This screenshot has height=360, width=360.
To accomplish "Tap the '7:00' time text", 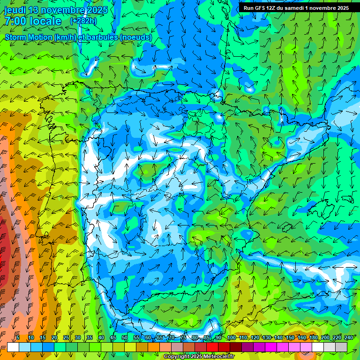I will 15,21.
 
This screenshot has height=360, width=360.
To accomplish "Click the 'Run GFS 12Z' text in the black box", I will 260,8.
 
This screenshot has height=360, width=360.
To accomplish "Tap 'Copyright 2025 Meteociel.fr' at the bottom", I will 199,357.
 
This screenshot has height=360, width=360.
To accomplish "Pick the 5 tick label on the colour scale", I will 18,338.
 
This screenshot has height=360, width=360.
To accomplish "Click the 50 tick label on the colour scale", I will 125,338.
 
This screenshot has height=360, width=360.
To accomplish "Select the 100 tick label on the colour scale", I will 231,338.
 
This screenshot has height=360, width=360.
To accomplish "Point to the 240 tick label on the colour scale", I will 349,338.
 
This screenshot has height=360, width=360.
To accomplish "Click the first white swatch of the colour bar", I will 13,347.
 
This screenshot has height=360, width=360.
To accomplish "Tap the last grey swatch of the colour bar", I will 341,347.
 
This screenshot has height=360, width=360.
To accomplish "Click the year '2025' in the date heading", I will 97,10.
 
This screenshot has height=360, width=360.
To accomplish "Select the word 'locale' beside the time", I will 45,21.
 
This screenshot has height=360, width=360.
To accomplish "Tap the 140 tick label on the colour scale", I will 278,338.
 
